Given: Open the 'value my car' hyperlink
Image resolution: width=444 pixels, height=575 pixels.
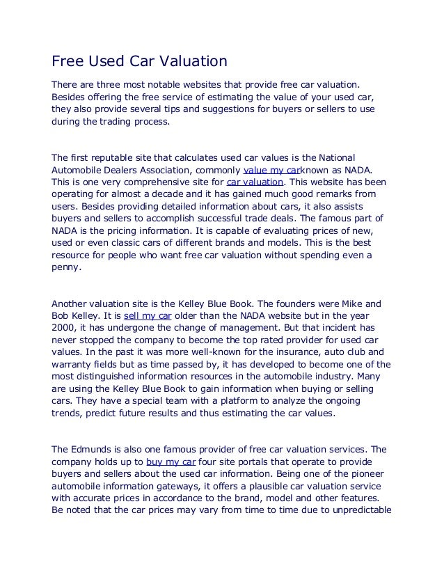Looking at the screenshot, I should pos(271,169).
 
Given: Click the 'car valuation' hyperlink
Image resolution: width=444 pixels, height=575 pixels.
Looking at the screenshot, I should pos(253,181).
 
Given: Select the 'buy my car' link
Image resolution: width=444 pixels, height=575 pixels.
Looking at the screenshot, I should pos(171,461).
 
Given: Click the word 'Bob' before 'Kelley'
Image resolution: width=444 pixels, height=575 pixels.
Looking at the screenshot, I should pos(61,315).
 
